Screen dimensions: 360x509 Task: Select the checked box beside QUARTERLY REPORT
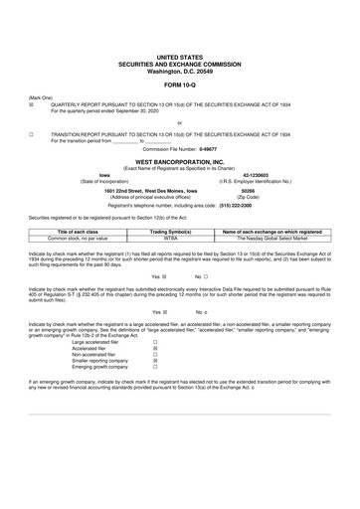click(32, 102)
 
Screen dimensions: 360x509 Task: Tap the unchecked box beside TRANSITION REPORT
click(32, 133)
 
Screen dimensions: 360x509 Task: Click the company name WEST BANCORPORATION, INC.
click(179, 159)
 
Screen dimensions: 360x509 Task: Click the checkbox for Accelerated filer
click(154, 349)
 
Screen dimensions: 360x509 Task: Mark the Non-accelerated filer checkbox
click(154, 357)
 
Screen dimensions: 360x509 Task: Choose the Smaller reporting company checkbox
click(154, 365)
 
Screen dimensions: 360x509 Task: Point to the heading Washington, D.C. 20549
click(179, 45)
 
